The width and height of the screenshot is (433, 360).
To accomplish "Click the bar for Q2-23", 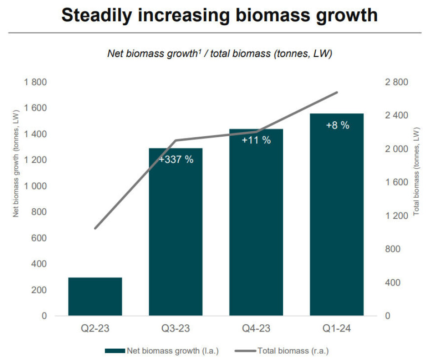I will coord(95,296).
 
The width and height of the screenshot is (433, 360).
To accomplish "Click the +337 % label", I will coord(176,159).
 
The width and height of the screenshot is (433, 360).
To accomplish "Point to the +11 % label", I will coord(256,140).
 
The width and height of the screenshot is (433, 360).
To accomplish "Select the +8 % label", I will coord(337,125).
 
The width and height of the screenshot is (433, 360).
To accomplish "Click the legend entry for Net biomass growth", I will coord(161,350).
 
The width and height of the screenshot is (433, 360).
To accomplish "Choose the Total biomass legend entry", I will coord(281,350).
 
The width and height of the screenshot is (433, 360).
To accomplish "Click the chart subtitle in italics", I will coord(219,54).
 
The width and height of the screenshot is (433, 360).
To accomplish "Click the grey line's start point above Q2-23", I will coord(95,228).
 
